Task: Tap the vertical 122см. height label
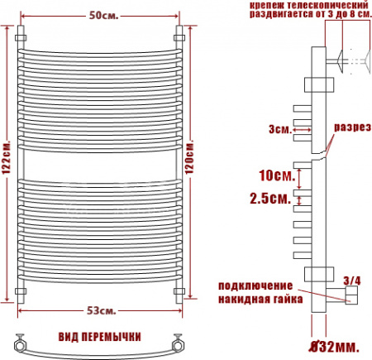pyautogui.click(x=7, y=163)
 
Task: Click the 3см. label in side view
pyautogui.click(x=279, y=129)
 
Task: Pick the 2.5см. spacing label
pyautogui.click(x=269, y=199)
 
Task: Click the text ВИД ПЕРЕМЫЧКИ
pyautogui.click(x=98, y=338)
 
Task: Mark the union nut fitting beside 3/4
pyautogui.click(x=351, y=297)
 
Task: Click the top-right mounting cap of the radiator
pyautogui.click(x=178, y=38)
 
